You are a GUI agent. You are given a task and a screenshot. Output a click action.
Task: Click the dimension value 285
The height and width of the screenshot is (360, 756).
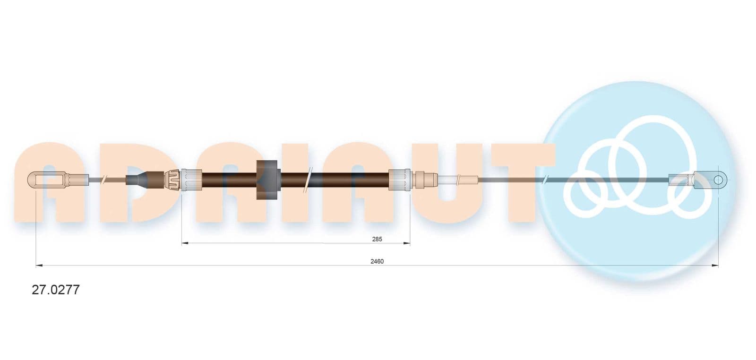click(x=377, y=239)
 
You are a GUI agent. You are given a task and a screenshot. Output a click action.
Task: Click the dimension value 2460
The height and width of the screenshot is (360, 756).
click(x=377, y=261)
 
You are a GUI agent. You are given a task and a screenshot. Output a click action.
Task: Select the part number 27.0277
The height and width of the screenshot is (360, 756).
click(x=56, y=290)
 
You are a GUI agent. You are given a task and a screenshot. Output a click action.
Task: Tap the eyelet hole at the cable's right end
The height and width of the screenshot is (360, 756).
click(x=720, y=179)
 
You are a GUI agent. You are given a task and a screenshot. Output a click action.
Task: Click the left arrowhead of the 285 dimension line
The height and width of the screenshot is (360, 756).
click(x=185, y=243)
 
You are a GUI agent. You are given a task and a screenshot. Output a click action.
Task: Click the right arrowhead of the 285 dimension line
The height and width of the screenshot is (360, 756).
click(x=407, y=243)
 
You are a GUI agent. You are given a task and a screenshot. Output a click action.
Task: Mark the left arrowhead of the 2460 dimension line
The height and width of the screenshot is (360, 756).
click(x=39, y=266)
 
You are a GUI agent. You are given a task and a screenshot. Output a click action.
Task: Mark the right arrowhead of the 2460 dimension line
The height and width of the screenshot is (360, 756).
click(x=715, y=266)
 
